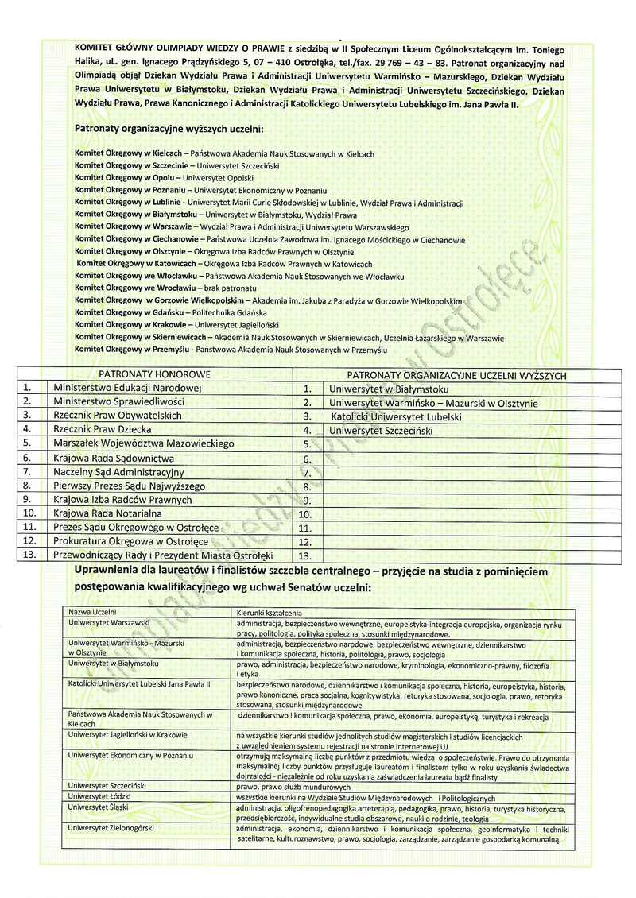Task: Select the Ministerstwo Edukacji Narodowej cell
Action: (127, 388)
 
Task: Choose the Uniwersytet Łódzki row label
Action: (99, 795)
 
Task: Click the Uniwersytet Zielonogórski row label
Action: (111, 828)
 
